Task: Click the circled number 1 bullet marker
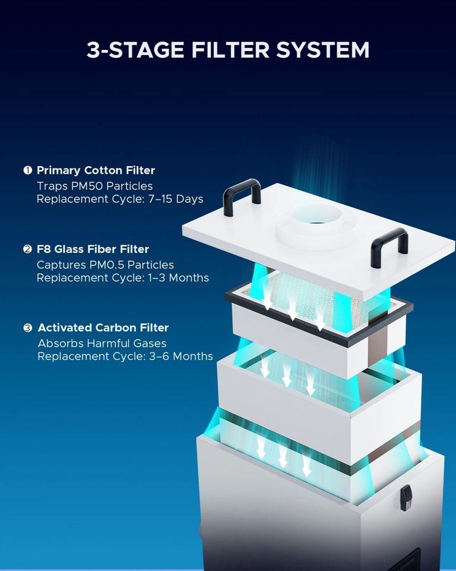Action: tap(28, 170)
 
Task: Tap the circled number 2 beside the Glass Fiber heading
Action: tap(28, 249)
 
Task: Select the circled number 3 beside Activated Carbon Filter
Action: tap(28, 328)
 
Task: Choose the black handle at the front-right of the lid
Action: tap(389, 248)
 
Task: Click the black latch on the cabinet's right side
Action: tap(406, 497)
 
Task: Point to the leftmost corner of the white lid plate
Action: tap(182, 228)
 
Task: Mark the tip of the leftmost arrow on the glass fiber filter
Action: tap(268, 309)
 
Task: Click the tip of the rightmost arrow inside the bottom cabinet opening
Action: tap(306, 476)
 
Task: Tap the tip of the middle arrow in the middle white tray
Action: tap(287, 386)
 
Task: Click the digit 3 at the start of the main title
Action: tap(93, 50)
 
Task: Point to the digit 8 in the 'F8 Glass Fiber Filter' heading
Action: tap(47, 249)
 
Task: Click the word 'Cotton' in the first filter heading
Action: tap(103, 170)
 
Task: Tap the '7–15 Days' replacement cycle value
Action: tap(176, 199)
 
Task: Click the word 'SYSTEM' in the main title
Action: tap(322, 50)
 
